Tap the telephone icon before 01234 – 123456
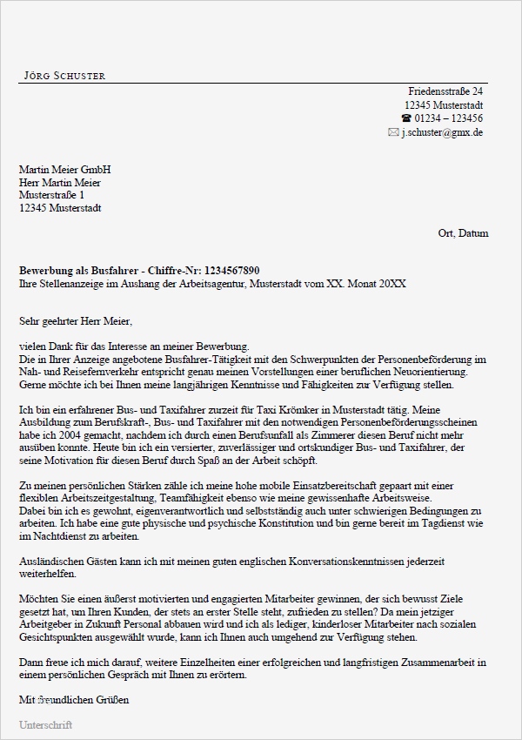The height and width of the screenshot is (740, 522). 405,118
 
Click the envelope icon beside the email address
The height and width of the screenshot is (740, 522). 393,132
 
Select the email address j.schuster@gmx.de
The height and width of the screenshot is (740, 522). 442,132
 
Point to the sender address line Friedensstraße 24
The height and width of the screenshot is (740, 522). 445,91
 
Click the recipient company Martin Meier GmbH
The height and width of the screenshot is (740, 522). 65,169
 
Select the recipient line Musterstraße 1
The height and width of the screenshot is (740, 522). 52,195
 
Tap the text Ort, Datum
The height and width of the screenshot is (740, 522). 464,233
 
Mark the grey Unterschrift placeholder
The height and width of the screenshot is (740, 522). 45,724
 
